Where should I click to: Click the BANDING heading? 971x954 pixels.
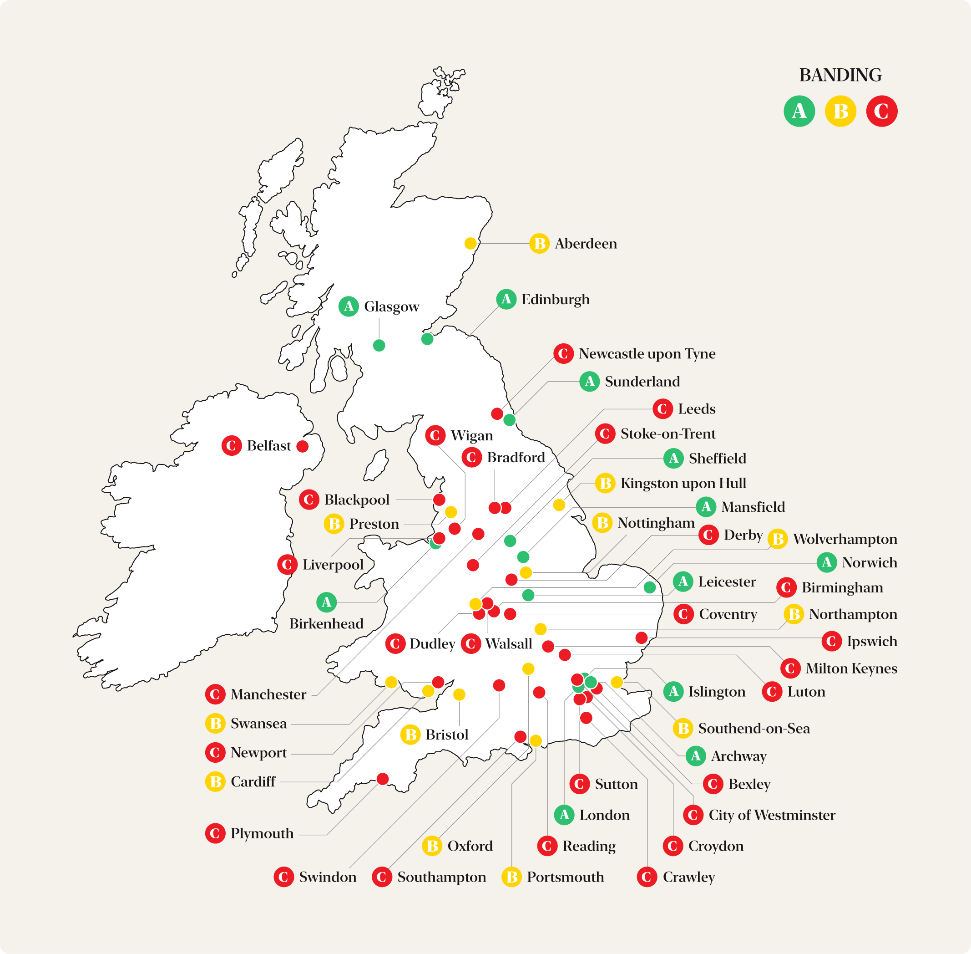pos(840,75)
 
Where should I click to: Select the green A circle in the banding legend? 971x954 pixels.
pos(799,111)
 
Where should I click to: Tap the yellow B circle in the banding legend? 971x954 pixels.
pos(840,111)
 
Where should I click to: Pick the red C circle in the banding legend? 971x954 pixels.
pos(881,111)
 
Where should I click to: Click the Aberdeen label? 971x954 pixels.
pos(586,244)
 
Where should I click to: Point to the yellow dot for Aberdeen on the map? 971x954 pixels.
pos(470,244)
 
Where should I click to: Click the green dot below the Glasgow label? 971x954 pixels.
pos(379,345)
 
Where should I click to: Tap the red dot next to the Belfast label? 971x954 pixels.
pos(303,446)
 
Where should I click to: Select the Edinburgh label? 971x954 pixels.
pos(556,299)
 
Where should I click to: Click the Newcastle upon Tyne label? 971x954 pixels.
pos(647,354)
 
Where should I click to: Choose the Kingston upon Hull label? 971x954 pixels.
pos(683,483)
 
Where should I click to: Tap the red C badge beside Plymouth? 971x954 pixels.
pos(215,833)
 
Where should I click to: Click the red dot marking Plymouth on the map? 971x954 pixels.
pos(383,779)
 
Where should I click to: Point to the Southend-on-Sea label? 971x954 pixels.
pos(754,728)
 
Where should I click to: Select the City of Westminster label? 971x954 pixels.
pos(771,815)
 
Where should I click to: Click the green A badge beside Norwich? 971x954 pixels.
pos(827,562)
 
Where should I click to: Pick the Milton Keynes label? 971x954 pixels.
pos(851,668)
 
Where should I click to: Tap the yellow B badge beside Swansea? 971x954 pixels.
pos(215,723)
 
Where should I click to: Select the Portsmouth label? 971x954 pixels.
pos(565,877)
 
